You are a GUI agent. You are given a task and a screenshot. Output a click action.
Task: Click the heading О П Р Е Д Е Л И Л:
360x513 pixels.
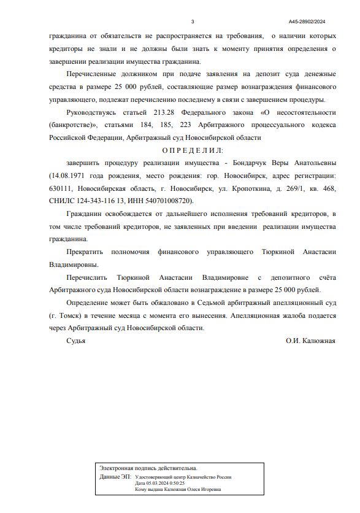pos(193,150)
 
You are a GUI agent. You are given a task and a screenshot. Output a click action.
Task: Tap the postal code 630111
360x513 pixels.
pos(61,188)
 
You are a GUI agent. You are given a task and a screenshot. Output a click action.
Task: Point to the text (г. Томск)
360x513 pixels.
pos(68,315)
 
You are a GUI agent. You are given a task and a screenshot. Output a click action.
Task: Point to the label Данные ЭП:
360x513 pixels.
pos(115,476)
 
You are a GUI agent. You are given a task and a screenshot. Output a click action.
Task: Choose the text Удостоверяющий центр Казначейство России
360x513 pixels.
pos(184,477)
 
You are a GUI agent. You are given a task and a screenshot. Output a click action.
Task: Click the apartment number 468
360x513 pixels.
pos(329,188)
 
